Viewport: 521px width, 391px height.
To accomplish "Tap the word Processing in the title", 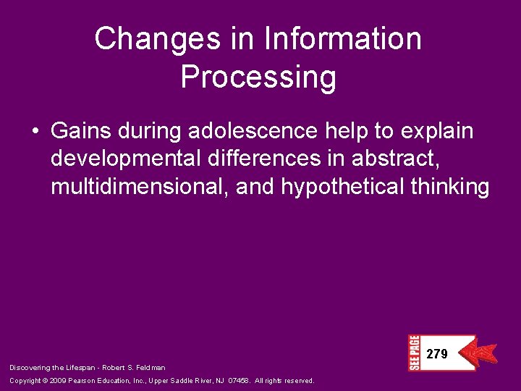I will click(258, 77).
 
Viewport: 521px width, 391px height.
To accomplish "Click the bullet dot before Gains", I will click(35, 133).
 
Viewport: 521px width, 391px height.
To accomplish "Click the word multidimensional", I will click(139, 188).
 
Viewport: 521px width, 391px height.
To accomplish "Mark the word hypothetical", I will click(342, 188).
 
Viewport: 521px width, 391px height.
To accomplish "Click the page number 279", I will click(437, 354).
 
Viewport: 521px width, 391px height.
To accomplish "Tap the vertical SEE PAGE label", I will click(413, 353).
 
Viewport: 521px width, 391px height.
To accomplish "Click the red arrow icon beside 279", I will click(480, 353).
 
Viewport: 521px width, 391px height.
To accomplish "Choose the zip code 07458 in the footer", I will click(240, 381).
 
